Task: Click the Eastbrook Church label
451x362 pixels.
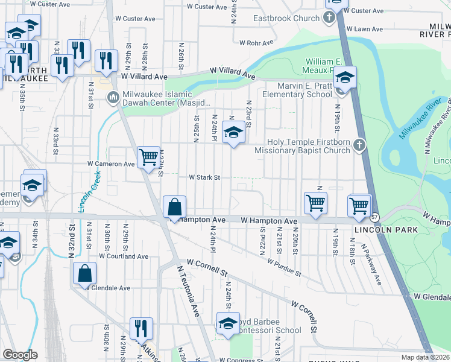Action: [286, 18]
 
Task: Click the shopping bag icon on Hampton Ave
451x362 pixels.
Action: [174, 208]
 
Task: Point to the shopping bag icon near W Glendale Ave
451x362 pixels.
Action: [85, 273]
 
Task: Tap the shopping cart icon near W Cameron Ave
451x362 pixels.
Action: [148, 158]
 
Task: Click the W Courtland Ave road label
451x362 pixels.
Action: [124, 256]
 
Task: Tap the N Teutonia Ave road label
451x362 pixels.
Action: [188, 290]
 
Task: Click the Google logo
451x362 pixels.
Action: [20, 355]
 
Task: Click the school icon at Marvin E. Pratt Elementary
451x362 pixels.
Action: [344, 78]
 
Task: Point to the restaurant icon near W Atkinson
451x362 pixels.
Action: [141, 329]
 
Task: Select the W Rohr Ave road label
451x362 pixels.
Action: [257, 43]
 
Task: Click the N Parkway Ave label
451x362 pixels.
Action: [371, 264]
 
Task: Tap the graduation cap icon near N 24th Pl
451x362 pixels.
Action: [233, 132]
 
